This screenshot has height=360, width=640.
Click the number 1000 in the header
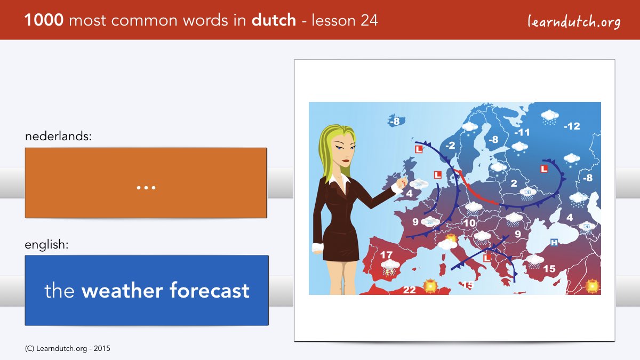coord(44,20)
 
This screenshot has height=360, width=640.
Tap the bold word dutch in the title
coord(274,20)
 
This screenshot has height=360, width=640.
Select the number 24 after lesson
coord(369,20)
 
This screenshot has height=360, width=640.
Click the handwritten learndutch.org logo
coord(574,22)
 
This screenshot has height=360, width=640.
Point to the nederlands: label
coord(58,136)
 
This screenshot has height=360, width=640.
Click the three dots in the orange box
coord(146,188)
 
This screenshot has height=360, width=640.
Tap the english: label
coord(46,245)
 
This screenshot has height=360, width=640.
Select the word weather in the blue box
coord(122,291)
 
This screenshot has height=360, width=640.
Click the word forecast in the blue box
coord(210,290)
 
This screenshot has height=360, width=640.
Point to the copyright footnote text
coord(67,349)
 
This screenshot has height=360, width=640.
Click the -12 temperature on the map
coord(572,126)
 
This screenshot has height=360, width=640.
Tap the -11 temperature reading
coord(522,132)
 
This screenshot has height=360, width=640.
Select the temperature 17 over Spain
coord(386,255)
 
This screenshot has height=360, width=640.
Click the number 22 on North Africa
coord(409,290)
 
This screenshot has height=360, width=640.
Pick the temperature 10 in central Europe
coord(469,223)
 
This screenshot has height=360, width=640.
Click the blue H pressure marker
coord(554,243)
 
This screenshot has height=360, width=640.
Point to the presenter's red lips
coord(346,161)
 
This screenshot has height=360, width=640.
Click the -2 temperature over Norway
coord(450,146)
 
